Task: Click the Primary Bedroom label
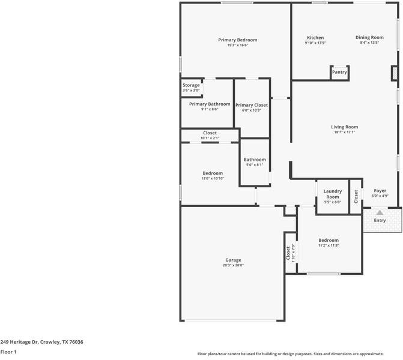pos(237,40)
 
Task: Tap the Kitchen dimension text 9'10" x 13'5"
pos(315,43)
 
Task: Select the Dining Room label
pos(369,37)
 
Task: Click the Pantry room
pos(339,72)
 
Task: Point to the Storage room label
pos(191,86)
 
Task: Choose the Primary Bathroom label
pos(209,104)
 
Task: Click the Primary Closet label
pos(251,105)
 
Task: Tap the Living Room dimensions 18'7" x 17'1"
pos(344,133)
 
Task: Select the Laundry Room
pos(332,194)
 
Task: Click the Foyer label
pos(380,190)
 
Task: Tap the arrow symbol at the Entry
pos(380,212)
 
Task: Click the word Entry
pos(380,221)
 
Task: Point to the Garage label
pos(233,260)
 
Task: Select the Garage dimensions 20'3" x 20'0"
pos(233,265)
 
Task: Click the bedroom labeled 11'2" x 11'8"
pos(328,242)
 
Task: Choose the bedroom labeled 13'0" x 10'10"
pos(212,175)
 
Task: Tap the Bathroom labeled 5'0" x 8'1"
pos(255,162)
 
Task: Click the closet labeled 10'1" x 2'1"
pos(210,135)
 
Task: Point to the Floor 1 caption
pos(8,352)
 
